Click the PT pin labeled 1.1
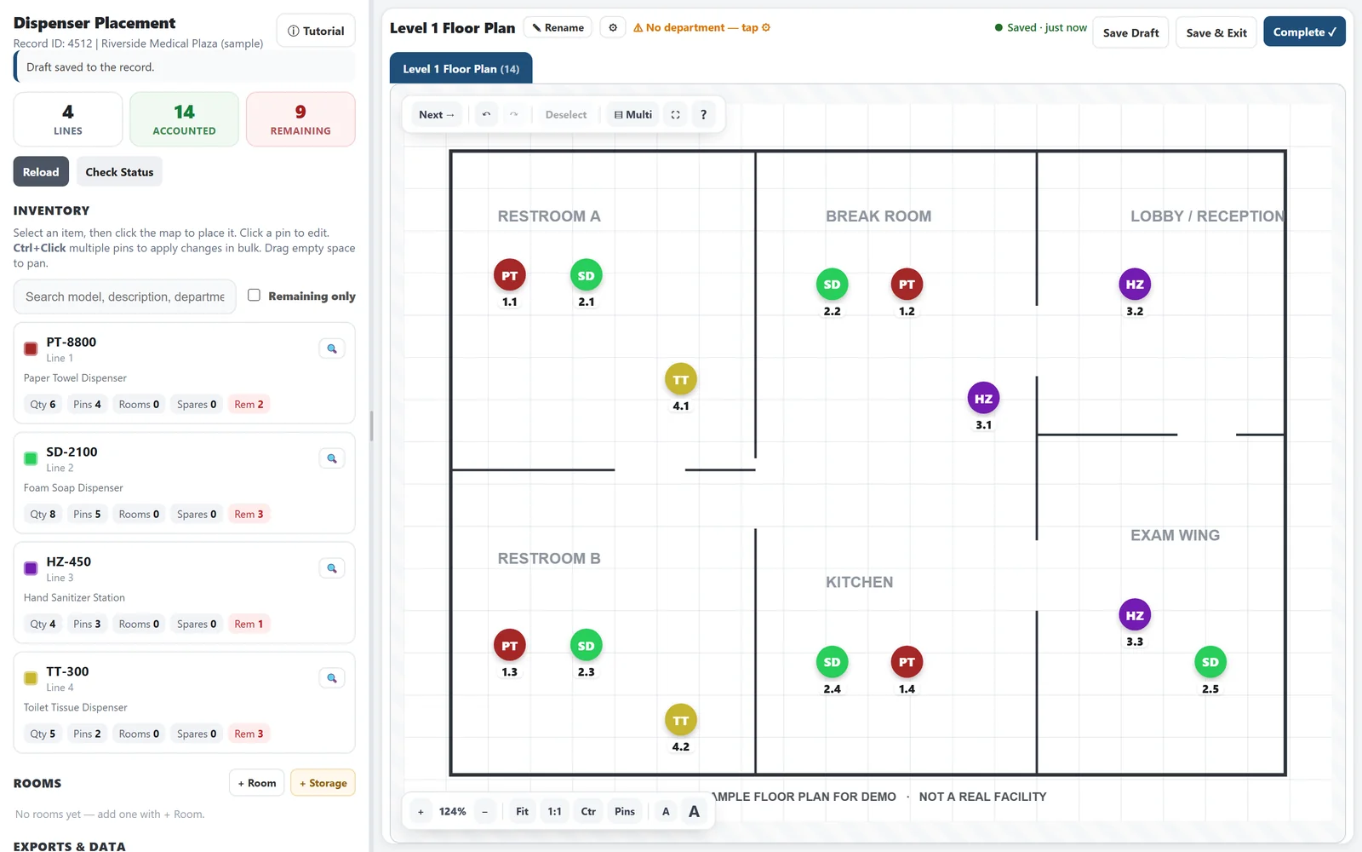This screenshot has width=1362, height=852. click(510, 275)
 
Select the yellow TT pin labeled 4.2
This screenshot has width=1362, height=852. click(680, 720)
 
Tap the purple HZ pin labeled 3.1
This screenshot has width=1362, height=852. click(983, 398)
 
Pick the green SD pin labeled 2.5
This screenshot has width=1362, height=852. click(1210, 662)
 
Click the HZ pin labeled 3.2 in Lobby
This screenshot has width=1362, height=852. click(1135, 285)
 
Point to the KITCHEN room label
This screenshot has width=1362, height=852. click(859, 582)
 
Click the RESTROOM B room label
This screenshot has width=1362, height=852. click(549, 558)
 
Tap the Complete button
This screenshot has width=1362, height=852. click(1304, 32)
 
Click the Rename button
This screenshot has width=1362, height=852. click(558, 27)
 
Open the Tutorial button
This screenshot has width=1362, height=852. click(316, 31)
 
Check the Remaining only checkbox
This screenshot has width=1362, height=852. click(255, 295)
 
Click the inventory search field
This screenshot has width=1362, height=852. click(124, 296)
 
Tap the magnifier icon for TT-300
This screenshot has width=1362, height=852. click(332, 678)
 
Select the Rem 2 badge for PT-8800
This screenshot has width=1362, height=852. click(249, 404)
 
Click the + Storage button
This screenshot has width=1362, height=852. click(323, 783)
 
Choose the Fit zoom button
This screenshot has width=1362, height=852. click(522, 811)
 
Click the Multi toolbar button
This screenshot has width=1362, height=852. click(633, 114)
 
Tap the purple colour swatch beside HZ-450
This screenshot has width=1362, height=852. click(31, 568)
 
